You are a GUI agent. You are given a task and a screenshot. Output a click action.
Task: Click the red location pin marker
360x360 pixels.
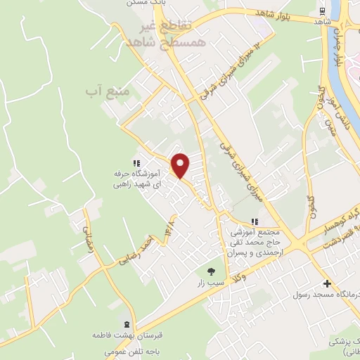181,165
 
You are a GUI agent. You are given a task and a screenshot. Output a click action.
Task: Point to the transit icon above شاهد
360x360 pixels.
322,11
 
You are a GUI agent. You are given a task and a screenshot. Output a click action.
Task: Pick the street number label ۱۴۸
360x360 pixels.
169,228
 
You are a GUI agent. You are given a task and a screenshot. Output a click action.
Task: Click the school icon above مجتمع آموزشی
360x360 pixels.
254,221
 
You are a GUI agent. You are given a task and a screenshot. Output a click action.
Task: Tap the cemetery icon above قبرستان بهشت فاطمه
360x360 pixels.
126,324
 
